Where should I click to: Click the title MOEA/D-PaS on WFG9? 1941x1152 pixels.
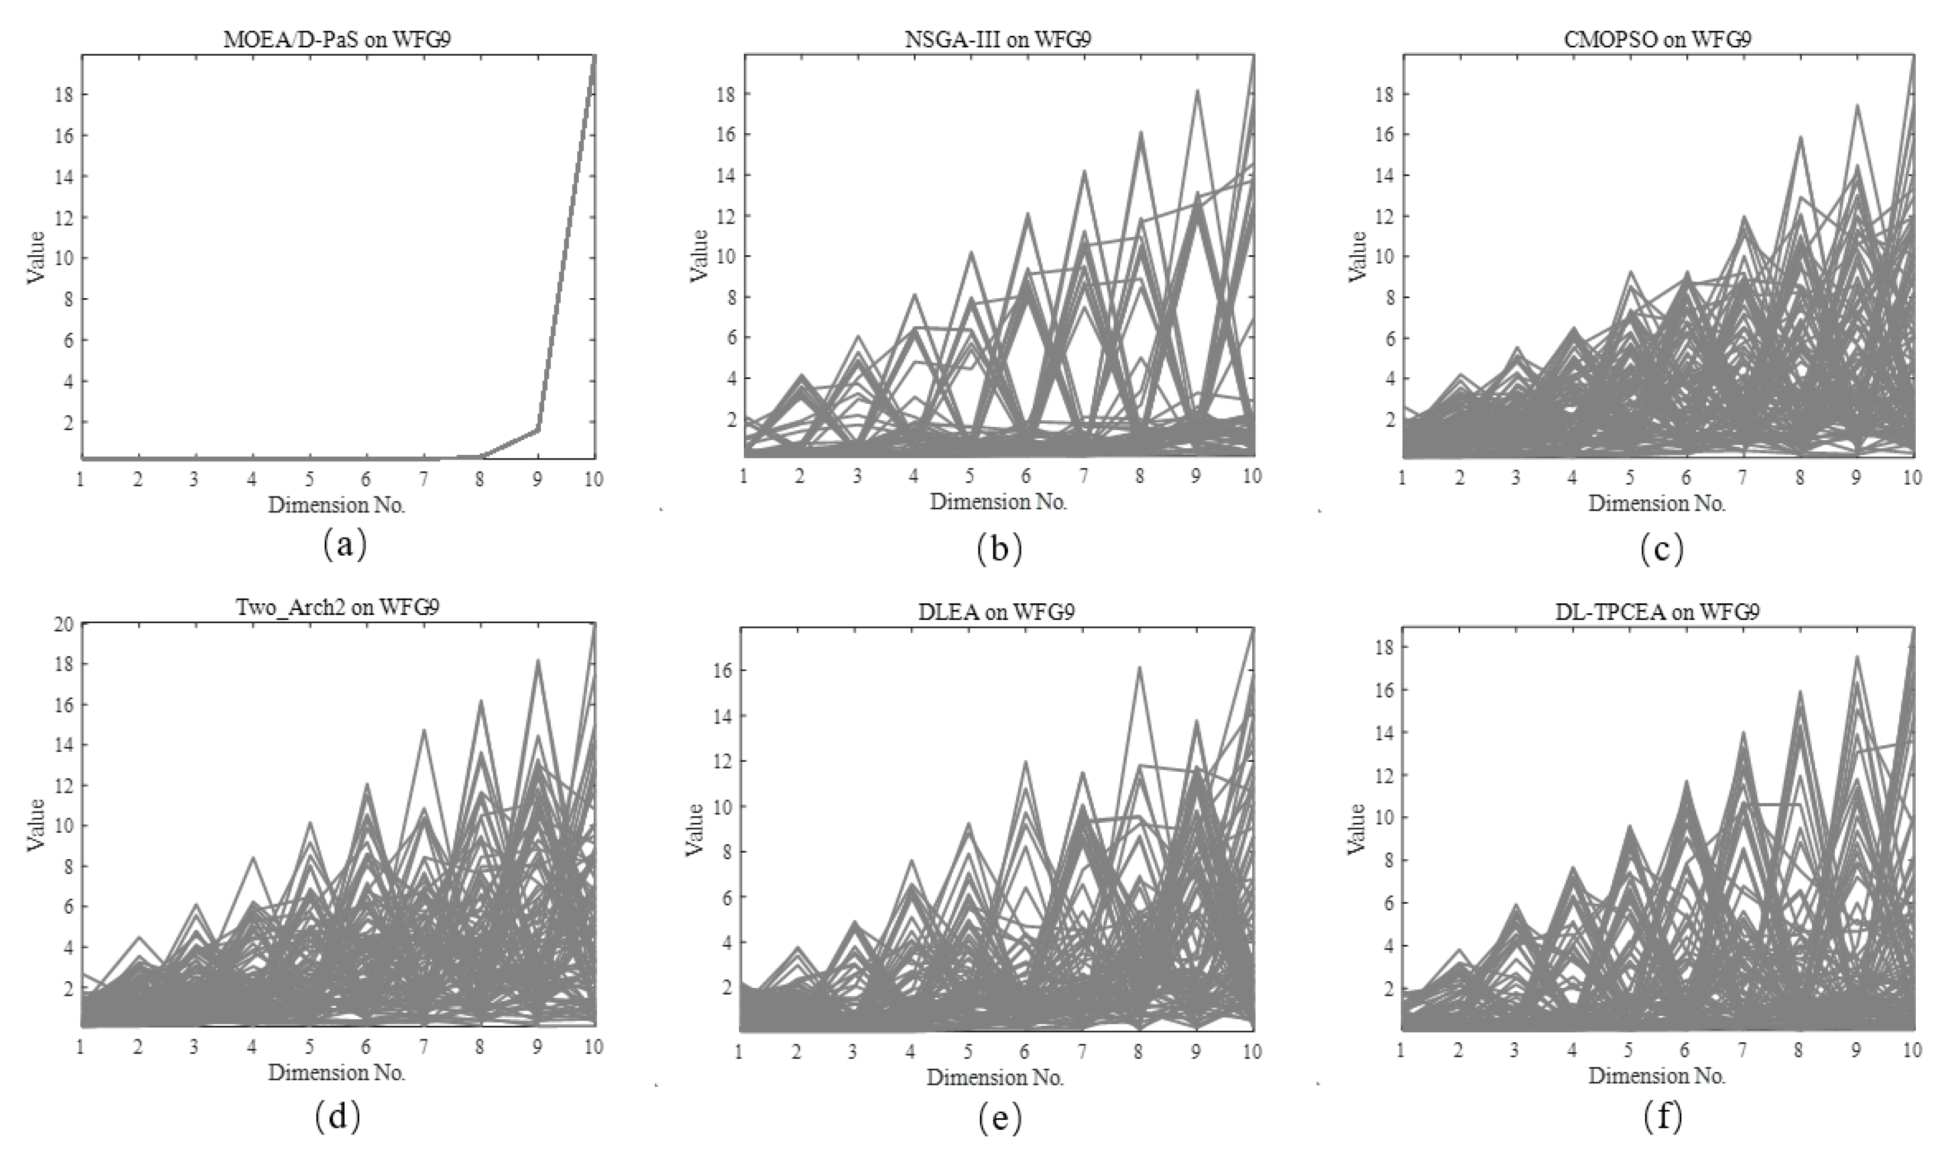[x=337, y=40]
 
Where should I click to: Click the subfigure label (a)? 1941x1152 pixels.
[x=343, y=546]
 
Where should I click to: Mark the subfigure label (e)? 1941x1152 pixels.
[x=999, y=1118]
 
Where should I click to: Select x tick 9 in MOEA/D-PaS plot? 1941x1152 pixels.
[x=537, y=479]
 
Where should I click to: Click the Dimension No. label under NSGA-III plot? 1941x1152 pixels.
[x=999, y=502]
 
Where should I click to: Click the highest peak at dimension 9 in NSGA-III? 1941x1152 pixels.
[x=1197, y=92]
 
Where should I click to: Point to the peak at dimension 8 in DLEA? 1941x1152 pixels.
[x=1140, y=668]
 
